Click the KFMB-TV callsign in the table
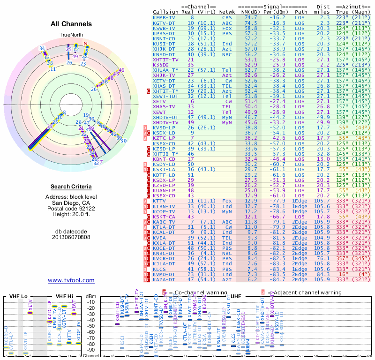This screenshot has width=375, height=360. pos(163,17)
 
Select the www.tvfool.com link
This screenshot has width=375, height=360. pos(71,280)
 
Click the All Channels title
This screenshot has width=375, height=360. pos(71,24)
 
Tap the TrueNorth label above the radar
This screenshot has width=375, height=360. pos(71,35)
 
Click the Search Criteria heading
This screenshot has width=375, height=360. pos(71,187)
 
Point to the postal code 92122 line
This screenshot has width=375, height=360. pos(71,209)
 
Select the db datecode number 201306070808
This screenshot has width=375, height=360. pos(71,237)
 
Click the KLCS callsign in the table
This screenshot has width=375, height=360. pos(160,270)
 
